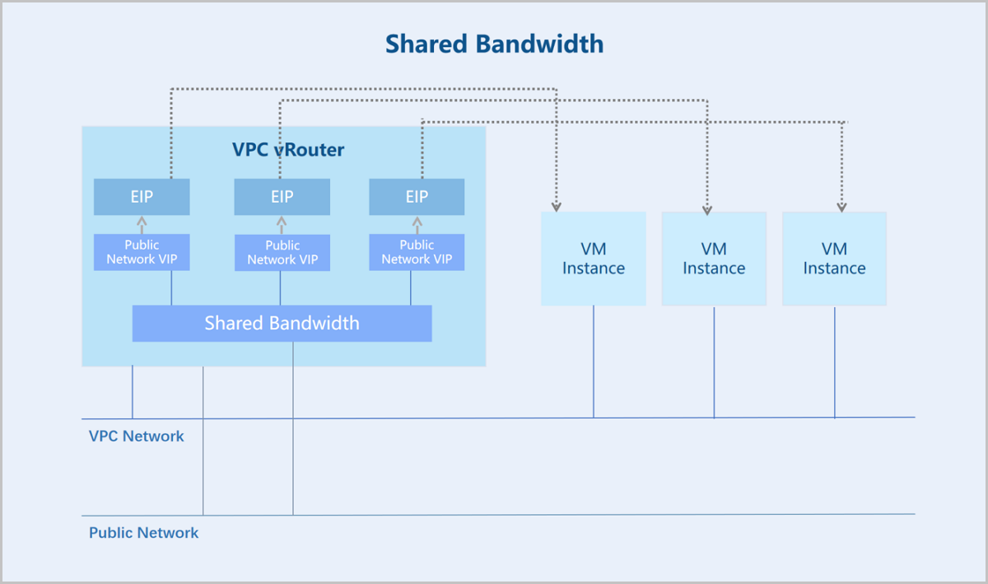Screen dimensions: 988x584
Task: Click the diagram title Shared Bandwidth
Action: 495,44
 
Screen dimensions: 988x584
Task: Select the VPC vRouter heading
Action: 288,150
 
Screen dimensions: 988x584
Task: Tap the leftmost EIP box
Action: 142,197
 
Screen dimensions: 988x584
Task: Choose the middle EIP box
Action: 282,197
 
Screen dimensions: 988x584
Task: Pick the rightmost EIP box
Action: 417,197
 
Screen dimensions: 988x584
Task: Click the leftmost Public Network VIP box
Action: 142,252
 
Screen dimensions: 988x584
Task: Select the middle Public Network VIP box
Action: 282,253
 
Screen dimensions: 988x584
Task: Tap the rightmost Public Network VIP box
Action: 417,252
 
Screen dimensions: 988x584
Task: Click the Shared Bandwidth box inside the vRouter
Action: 282,323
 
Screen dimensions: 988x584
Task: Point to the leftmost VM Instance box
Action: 594,259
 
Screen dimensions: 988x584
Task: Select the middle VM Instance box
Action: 714,259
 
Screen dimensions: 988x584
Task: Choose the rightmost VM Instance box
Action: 835,259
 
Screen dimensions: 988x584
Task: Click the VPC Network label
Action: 137,436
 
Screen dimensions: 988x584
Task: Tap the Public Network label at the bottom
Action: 144,533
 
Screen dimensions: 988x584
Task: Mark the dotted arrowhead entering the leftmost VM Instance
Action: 557,207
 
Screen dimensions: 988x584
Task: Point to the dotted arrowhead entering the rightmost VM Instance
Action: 842,207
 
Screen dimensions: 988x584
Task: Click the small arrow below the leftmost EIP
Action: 142,225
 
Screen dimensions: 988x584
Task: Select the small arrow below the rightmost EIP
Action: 417,225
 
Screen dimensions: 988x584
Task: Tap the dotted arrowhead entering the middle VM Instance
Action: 707,210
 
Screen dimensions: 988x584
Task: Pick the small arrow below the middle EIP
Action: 282,225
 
